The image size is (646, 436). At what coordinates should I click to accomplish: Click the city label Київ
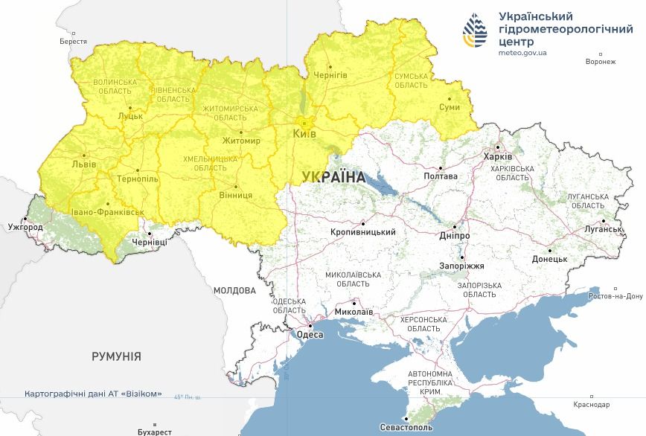point(304,134)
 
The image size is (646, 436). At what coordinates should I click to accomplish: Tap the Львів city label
point(83,164)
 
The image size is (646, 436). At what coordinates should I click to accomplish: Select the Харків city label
point(498,157)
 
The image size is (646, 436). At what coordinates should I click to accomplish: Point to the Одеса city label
point(310,335)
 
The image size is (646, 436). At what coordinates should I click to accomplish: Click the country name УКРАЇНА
point(334,177)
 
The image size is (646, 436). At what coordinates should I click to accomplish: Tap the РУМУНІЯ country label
point(116,356)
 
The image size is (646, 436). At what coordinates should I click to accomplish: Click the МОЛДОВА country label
point(234,290)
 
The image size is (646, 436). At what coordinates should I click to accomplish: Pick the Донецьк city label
point(549,259)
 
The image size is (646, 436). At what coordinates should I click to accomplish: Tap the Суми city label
point(450,108)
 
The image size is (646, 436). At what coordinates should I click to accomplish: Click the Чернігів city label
point(330,76)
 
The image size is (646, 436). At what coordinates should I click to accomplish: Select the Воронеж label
point(601,62)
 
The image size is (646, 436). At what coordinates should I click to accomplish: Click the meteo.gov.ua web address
point(522,53)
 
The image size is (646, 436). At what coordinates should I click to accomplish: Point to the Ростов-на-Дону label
point(615,295)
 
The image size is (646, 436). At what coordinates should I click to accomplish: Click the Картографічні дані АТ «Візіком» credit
point(93,394)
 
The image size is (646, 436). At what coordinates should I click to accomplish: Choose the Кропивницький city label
point(363,232)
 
